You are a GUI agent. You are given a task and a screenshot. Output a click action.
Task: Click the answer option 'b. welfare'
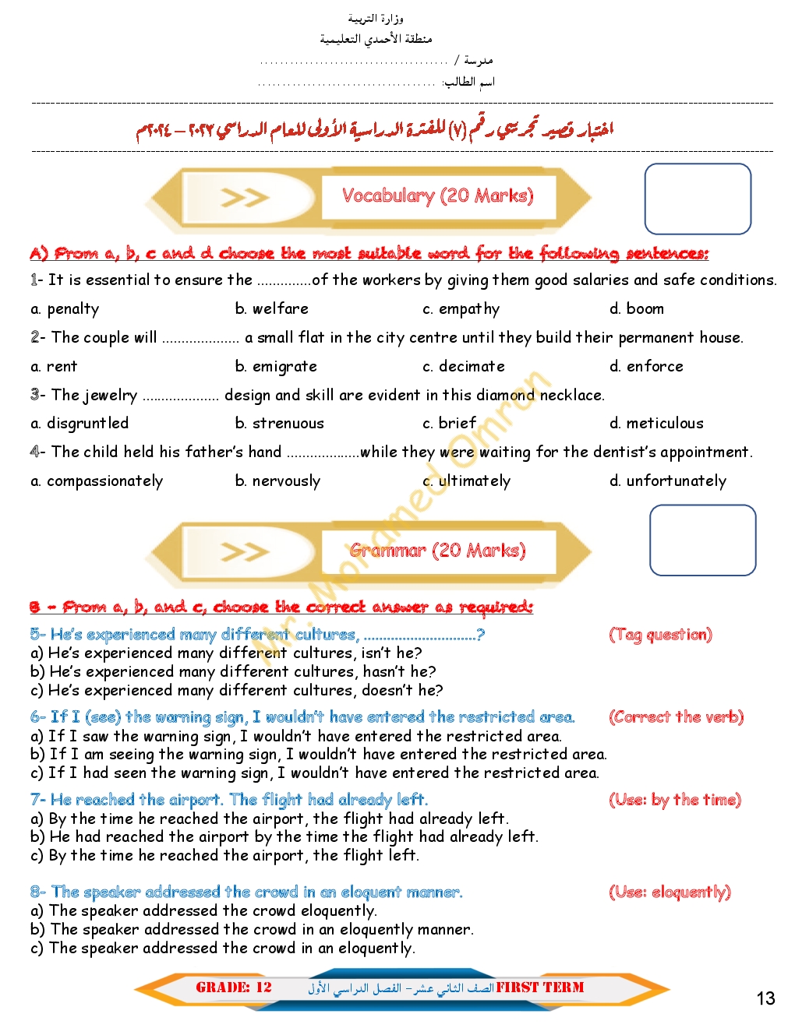271,309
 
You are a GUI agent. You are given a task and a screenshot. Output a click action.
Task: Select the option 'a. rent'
54,367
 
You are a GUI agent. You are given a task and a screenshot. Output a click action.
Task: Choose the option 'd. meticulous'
656,424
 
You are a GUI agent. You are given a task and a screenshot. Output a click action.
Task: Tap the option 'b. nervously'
277,481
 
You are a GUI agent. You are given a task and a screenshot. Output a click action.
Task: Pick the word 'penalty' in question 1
73,309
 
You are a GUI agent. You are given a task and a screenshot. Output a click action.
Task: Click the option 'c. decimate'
464,367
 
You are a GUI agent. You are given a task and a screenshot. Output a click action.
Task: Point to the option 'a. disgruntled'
79,424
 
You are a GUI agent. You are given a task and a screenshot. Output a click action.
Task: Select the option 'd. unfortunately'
668,481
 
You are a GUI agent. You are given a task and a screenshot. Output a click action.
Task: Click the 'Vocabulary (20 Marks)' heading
438,195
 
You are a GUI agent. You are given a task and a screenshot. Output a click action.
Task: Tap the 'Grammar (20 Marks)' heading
437,551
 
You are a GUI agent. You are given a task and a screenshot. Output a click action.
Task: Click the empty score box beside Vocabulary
698,199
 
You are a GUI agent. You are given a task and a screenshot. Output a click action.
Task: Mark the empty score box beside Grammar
702,540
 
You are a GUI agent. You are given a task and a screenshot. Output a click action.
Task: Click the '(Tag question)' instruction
660,635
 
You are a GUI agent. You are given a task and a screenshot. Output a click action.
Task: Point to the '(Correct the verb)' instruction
676,717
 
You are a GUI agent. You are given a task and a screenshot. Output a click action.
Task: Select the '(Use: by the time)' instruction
674,800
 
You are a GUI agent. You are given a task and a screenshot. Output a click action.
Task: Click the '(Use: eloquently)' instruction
670,892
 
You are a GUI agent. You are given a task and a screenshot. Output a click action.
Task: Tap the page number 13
765,998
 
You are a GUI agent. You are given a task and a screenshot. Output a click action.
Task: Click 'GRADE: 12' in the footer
234,988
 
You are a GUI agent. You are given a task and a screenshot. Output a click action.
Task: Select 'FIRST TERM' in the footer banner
540,988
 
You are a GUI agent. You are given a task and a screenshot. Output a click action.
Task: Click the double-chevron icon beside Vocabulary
244,198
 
